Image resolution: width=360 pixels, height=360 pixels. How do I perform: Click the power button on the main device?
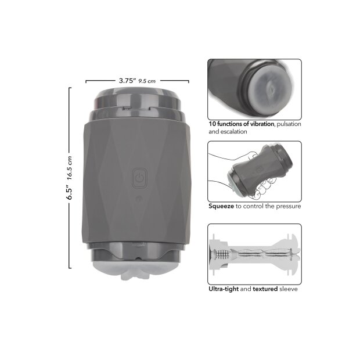(x=139, y=178)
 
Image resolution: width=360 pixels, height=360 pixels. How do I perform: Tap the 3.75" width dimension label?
(x=127, y=81)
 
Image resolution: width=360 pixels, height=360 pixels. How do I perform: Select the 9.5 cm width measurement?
(x=147, y=81)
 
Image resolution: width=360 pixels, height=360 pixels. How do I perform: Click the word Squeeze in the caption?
(x=221, y=206)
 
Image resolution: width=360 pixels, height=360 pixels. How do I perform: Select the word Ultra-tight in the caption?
(x=224, y=289)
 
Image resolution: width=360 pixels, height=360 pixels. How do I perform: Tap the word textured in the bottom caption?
(x=265, y=289)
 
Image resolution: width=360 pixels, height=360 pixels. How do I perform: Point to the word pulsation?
(x=289, y=124)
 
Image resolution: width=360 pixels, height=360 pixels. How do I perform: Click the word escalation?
(x=234, y=132)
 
